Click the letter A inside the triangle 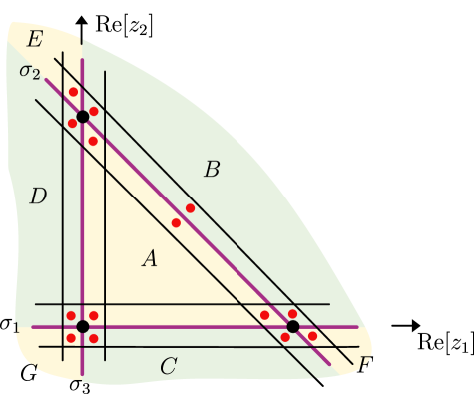[150, 259]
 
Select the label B [212, 170]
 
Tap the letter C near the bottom [168, 367]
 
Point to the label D [38, 197]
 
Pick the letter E [34, 40]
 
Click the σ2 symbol [30, 72]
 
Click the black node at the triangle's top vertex [83, 117]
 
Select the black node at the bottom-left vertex [83, 326]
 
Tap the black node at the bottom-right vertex [292, 326]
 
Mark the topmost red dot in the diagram [73, 92]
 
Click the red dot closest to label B [190, 208]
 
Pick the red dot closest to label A [176, 222]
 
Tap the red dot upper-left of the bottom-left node [71, 315]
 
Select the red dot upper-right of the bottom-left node [94, 315]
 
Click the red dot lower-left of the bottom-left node [71, 338]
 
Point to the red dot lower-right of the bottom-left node [94, 338]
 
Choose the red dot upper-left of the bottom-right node [264, 315]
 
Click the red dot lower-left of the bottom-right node [285, 338]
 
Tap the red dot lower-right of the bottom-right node [312, 336]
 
